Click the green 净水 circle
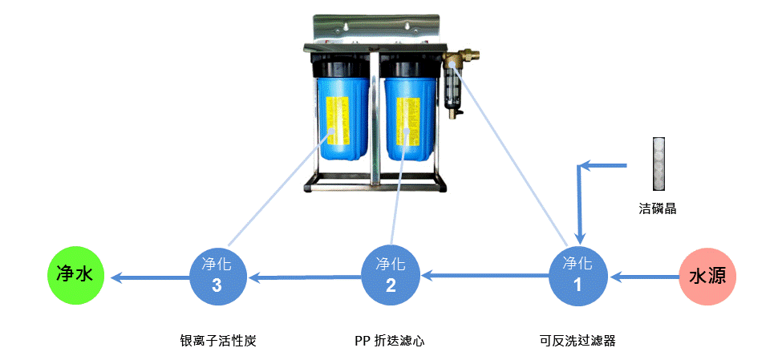tap(75, 275)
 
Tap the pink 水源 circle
tap(707, 277)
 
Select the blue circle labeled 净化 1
tap(577, 274)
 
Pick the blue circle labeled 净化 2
tap(391, 275)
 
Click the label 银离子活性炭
tap(218, 341)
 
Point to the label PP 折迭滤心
tap(389, 341)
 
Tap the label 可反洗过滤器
tap(577, 341)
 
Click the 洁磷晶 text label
tap(658, 208)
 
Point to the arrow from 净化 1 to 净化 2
tap(485, 277)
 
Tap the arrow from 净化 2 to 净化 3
tap(305, 277)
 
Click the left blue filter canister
tap(342, 120)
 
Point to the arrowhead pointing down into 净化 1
tap(578, 237)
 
